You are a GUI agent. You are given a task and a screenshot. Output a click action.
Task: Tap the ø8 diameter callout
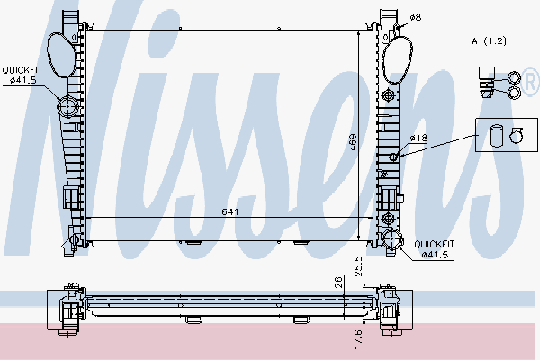(x=415, y=17)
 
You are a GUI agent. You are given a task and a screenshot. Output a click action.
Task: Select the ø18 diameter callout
(x=418, y=138)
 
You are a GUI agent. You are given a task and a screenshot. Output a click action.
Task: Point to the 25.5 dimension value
(x=360, y=265)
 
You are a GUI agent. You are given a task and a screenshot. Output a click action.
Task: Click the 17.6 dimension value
(x=359, y=339)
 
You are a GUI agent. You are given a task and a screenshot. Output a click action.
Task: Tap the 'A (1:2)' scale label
(x=488, y=41)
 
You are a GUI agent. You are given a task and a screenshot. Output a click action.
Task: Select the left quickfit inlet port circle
(x=68, y=107)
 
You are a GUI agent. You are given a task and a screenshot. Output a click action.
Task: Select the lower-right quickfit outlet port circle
(x=392, y=238)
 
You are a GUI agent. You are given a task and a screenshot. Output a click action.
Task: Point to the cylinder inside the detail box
(x=495, y=136)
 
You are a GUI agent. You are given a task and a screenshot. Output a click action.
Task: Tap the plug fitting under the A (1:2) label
(x=489, y=79)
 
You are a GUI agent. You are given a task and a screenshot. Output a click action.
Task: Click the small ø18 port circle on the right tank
(x=392, y=158)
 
